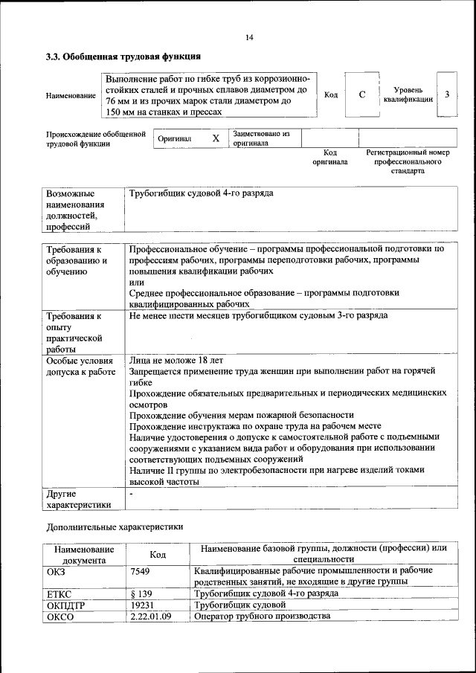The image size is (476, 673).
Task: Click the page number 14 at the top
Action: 249,37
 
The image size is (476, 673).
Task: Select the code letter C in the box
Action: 361,95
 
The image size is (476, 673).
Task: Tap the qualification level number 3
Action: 447,95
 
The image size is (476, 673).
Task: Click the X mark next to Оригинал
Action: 215,138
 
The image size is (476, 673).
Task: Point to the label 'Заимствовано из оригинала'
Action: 260,138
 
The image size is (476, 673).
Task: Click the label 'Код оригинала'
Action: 329,157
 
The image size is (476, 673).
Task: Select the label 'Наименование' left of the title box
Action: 71,96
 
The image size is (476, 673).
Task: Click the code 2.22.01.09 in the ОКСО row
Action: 150,616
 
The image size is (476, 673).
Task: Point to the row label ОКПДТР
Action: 66,605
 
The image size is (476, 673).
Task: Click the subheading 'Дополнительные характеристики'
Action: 114,527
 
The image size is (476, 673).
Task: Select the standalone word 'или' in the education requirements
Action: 136,283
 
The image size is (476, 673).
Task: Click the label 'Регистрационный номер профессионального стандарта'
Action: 408,161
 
